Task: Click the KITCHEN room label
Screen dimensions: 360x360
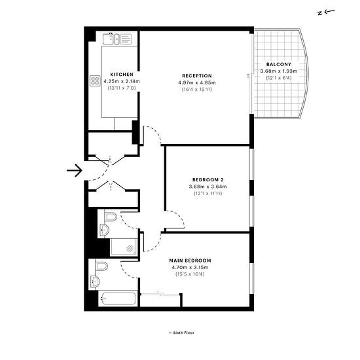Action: coord(122,75)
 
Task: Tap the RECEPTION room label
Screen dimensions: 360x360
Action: coord(197,76)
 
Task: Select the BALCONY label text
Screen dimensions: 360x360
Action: coord(279,64)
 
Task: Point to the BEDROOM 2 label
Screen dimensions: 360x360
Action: coord(207,179)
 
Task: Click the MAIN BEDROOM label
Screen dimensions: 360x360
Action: coord(190,261)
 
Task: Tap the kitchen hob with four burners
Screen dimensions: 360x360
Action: coord(95,81)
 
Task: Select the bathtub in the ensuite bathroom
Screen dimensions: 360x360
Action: coord(118,298)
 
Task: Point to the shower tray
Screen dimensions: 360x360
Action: coord(124,247)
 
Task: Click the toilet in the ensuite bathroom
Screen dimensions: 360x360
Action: coord(101,266)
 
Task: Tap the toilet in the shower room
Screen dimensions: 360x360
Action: coord(111,217)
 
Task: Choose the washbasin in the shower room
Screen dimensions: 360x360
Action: coord(104,230)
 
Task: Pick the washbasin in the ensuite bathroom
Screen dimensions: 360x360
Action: coord(95,281)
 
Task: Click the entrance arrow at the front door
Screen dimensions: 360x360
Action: coord(75,170)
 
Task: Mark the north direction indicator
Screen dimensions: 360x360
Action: coord(326,12)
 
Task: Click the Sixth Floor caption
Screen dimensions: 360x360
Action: coord(181,333)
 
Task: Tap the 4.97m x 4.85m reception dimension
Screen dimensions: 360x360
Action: coord(197,82)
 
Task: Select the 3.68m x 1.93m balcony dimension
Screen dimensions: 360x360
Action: coord(279,71)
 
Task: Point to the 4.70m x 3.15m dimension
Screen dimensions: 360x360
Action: coord(190,268)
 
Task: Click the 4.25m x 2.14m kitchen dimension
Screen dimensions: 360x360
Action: coord(122,81)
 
